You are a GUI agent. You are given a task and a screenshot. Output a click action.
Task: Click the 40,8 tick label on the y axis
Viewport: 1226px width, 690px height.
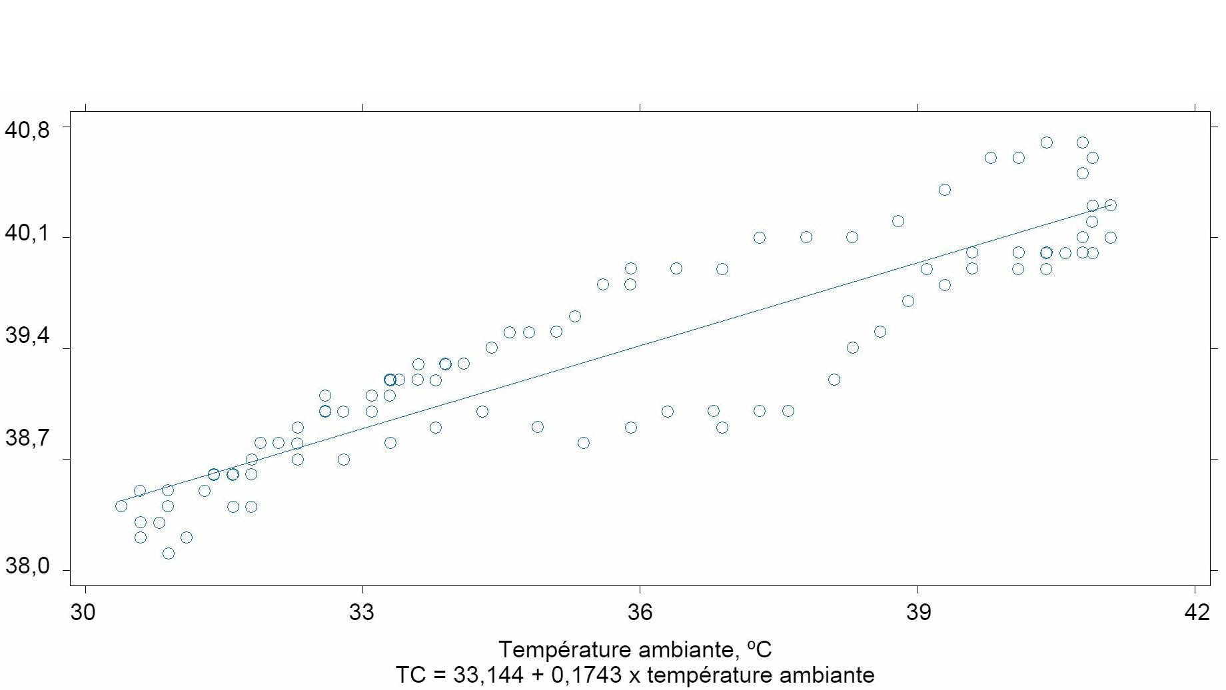click(27, 129)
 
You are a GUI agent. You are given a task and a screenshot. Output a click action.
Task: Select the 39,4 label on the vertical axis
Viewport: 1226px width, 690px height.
click(27, 336)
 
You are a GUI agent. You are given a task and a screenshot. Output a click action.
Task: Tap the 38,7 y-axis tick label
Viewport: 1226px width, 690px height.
click(27, 438)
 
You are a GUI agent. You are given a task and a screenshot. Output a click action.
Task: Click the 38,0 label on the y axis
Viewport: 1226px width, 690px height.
click(27, 566)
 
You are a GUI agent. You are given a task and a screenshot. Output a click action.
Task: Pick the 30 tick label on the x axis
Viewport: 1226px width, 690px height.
click(83, 612)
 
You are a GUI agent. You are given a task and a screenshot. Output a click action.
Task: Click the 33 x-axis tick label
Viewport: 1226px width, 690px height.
click(362, 612)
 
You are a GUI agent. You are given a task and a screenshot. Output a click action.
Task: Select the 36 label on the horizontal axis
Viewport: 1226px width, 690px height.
click(640, 612)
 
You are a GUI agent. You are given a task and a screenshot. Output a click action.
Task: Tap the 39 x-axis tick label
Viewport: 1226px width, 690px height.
click(918, 612)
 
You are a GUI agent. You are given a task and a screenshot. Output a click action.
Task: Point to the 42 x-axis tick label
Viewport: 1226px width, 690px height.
click(1197, 612)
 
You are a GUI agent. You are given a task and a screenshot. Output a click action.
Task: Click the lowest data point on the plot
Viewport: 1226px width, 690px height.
click(169, 553)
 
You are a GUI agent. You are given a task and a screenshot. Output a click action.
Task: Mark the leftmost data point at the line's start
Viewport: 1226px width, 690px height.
click(121, 506)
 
